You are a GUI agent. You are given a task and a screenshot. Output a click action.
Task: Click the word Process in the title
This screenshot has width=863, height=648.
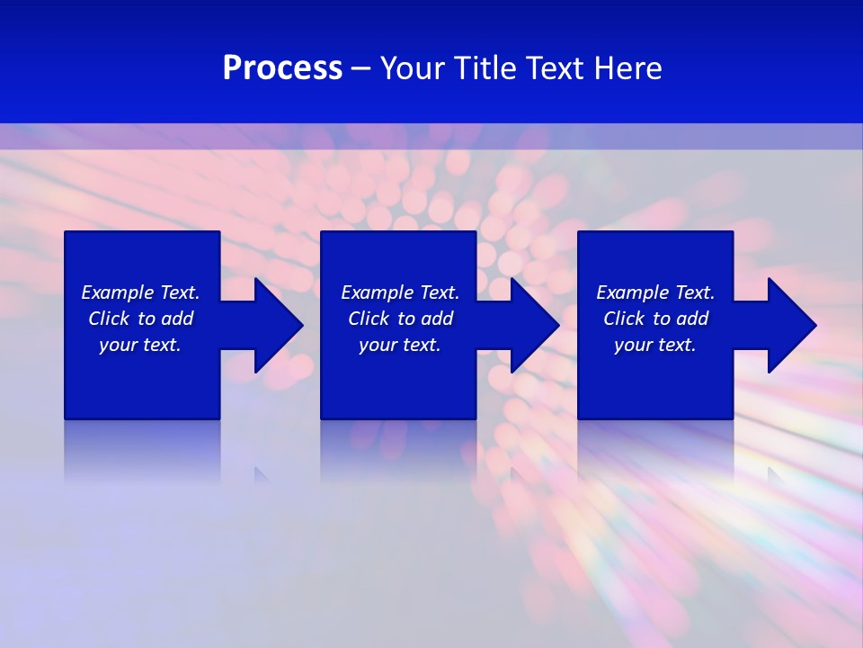(x=282, y=68)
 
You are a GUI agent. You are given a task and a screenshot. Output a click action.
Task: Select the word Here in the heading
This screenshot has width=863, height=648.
(x=628, y=68)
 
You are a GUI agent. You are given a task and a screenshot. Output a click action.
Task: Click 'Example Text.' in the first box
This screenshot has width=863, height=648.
(x=140, y=292)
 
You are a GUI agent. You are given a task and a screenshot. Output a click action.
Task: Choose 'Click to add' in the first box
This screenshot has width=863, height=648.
(x=140, y=319)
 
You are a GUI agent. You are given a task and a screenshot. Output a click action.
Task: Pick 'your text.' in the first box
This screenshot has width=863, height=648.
(x=140, y=345)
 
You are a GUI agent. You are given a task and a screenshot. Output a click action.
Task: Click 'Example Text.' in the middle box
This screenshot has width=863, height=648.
(x=400, y=292)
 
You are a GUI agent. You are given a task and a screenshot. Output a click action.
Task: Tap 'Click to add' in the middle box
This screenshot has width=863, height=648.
(x=400, y=319)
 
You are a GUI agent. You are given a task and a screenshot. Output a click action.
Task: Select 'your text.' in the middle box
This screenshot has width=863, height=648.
(x=400, y=345)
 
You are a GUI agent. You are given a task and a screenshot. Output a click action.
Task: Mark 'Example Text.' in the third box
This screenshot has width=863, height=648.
(x=655, y=292)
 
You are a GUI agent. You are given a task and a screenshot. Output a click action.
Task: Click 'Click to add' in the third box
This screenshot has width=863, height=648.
(x=655, y=319)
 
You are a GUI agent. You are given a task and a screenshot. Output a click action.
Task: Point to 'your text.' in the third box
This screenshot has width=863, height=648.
(x=655, y=345)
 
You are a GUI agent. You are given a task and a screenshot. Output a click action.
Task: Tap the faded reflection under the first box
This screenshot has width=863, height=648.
(x=142, y=450)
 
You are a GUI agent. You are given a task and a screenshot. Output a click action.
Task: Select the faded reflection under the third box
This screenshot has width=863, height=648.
(x=655, y=450)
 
